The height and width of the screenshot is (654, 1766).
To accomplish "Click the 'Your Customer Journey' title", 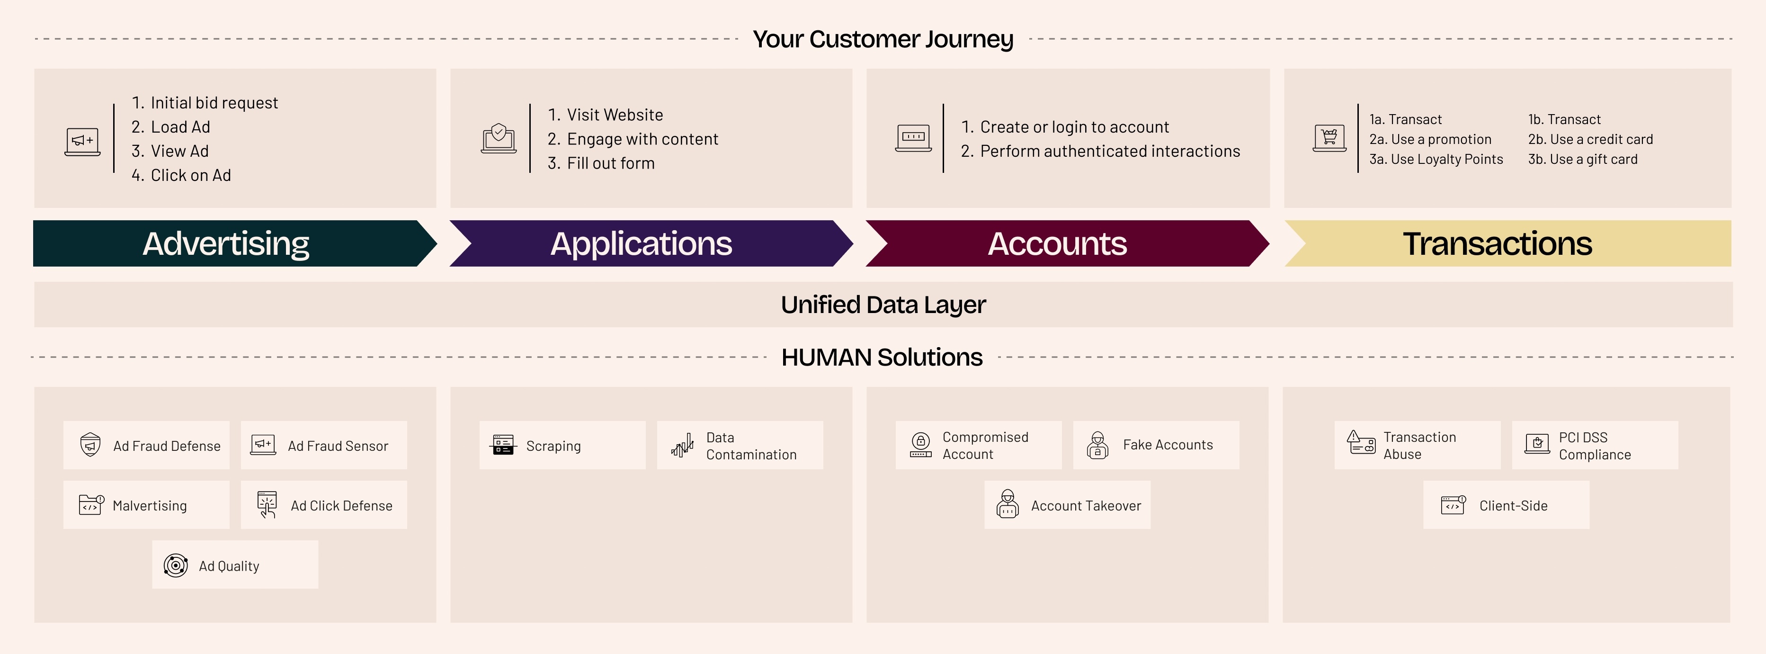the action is coord(883,39).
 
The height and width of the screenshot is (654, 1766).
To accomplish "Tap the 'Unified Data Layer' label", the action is coord(883,305).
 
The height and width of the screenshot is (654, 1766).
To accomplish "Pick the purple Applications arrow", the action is coord(651,243).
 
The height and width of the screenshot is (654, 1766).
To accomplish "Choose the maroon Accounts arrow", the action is coord(1067,243).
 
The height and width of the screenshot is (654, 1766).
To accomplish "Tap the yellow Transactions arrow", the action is coord(1507,243).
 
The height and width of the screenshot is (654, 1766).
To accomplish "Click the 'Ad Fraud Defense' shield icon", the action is coord(90,445).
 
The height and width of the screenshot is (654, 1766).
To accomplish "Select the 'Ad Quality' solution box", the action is coord(235,565).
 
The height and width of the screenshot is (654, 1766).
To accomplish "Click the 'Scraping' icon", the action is coord(503,445).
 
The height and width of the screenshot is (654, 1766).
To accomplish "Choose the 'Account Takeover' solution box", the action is coord(1068,504).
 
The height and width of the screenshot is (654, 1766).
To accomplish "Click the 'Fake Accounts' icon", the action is coord(1097,445).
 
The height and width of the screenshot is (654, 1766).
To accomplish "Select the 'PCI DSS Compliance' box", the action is coord(1595,445).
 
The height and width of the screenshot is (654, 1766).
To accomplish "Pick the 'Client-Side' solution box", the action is coord(1506,504).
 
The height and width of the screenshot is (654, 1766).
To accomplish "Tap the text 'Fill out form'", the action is coord(611,163).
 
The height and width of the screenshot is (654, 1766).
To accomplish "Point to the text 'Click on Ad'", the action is coord(191,176).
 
